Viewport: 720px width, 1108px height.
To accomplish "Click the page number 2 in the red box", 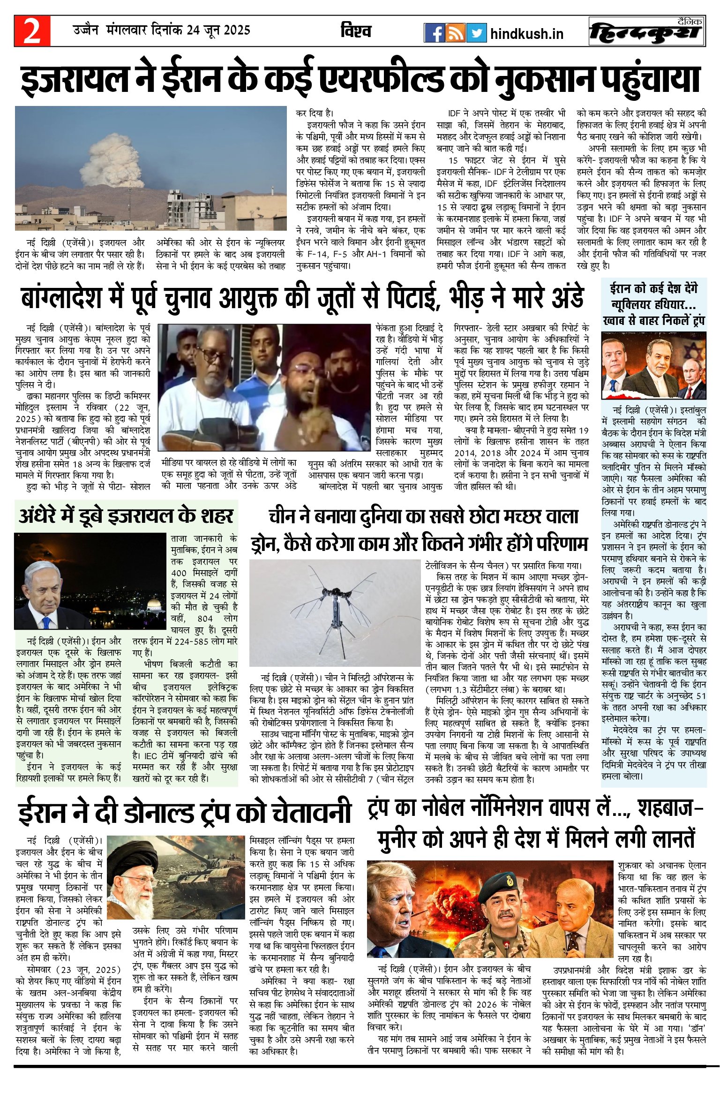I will tap(32, 31).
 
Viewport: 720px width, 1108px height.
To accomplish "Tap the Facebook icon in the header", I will tap(434, 33).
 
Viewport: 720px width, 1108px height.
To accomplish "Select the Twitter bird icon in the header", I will tap(476, 33).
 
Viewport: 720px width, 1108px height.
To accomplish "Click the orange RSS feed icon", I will tap(455, 33).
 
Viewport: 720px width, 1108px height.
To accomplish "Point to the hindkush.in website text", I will tap(526, 34).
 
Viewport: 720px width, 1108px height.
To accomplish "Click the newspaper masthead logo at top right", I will tap(647, 31).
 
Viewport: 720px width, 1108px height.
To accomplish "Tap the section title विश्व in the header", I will tap(356, 31).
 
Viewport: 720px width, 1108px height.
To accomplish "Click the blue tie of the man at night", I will tap(45, 623).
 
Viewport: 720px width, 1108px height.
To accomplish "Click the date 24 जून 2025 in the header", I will tap(218, 30).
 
